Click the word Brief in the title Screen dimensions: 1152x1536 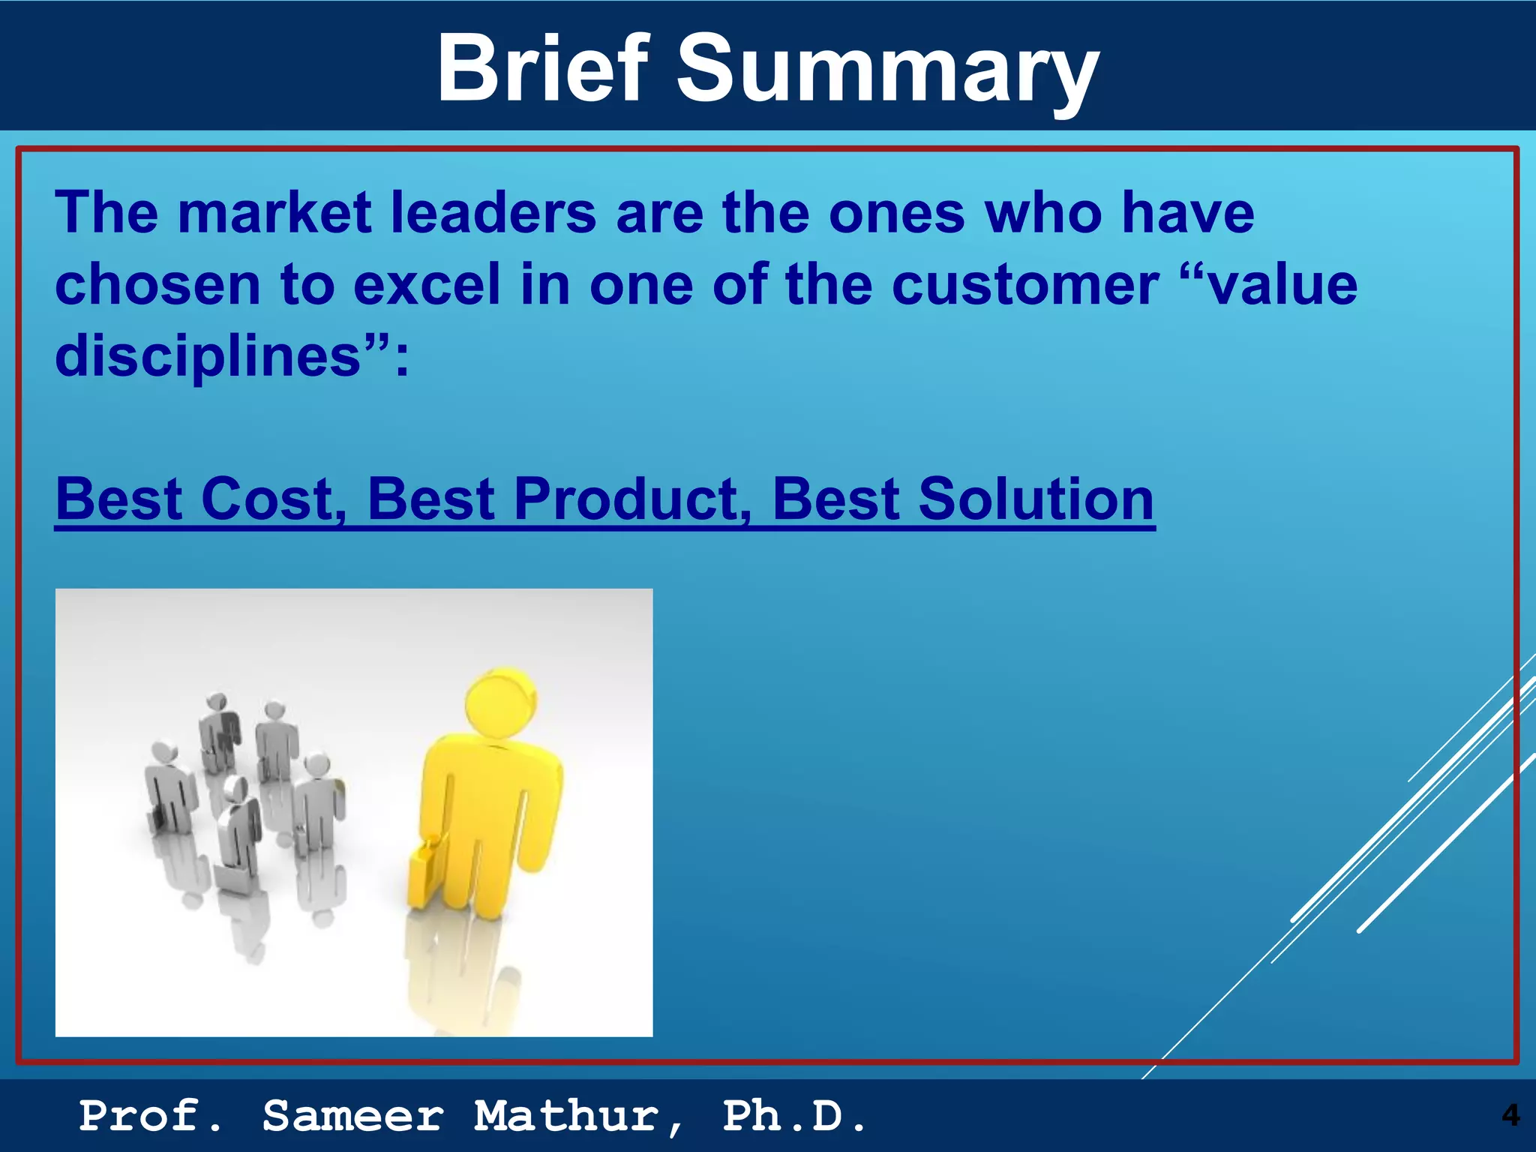(542, 69)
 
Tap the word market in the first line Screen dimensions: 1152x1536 (274, 212)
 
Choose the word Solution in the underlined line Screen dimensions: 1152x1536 (1036, 499)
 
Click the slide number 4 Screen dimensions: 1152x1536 (1510, 1115)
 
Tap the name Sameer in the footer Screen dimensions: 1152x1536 (353, 1115)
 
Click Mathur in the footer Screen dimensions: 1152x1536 (577, 1115)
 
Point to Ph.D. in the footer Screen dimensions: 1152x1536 (794, 1115)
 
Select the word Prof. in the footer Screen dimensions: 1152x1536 (150, 1115)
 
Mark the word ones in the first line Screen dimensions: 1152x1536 (896, 212)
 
